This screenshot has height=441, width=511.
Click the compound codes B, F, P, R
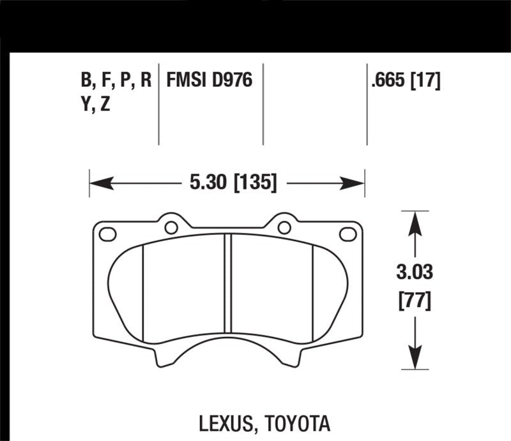[116, 80]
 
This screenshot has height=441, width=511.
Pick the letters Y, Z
[95, 104]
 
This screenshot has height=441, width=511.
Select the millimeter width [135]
[255, 184]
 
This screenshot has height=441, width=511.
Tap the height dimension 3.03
[415, 273]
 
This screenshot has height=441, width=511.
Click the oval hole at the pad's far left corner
[108, 235]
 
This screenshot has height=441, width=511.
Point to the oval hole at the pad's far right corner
[348, 235]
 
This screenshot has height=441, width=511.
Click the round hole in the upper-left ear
[171, 227]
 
